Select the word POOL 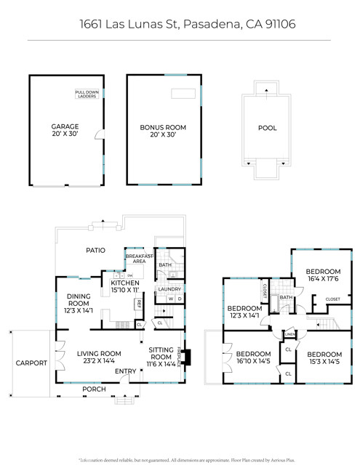pyautogui.click(x=267, y=128)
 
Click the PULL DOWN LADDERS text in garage pyautogui.click(x=87, y=94)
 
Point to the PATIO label pyautogui.click(x=96, y=250)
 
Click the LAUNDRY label pyautogui.click(x=169, y=289)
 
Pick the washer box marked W pyautogui.click(x=170, y=299)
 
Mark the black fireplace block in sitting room pyautogui.click(x=188, y=357)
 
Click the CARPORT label pyautogui.click(x=31, y=363)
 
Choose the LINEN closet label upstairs pyautogui.click(x=289, y=335)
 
